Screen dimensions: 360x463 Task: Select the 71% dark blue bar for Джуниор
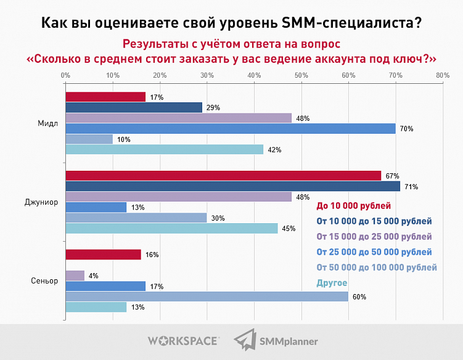click(x=232, y=186)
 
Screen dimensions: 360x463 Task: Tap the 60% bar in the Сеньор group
click(x=207, y=297)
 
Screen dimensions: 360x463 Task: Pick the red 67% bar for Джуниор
click(x=223, y=176)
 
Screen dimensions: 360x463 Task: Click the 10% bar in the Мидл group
click(x=89, y=139)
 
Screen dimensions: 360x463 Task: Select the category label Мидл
click(x=47, y=123)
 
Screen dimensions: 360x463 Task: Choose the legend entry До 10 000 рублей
click(x=354, y=206)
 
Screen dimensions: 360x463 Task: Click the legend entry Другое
click(x=332, y=283)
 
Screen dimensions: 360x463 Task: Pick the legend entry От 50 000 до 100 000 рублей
click(x=376, y=268)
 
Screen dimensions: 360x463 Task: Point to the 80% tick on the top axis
click(x=442, y=75)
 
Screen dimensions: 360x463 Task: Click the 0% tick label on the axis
click(x=65, y=75)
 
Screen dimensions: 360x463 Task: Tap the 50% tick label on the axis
click(x=301, y=75)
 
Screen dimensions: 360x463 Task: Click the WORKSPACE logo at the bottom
click(x=183, y=340)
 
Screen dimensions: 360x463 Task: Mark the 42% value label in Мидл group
click(x=272, y=149)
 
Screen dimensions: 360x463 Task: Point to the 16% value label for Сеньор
click(x=150, y=255)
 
